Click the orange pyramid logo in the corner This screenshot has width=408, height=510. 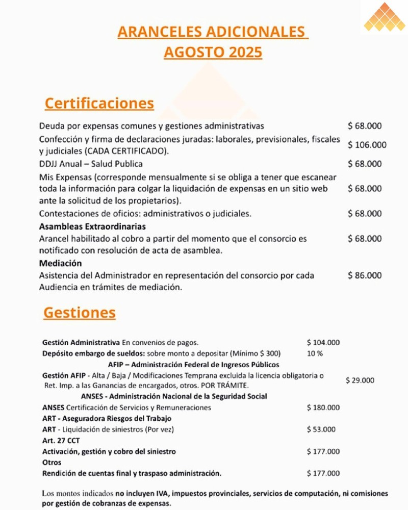tap(385, 18)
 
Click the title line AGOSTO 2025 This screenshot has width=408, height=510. tap(213, 53)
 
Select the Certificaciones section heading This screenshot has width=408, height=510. tap(99, 104)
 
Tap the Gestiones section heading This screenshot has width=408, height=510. tap(80, 313)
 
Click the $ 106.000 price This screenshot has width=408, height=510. tap(367, 145)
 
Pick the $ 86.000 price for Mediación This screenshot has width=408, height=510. tap(365, 275)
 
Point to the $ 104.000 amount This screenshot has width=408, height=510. tap(323, 342)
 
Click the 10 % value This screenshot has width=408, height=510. tap(315, 353)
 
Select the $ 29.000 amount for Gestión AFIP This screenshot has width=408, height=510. tap(360, 380)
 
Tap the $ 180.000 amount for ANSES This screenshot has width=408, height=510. tap(323, 407)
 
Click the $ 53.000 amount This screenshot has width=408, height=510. tap(321, 429)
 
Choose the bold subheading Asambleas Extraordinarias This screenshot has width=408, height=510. tap(92, 226)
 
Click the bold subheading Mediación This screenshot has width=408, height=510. tap(61, 264)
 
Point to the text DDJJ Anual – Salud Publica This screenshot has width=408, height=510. tap(91, 164)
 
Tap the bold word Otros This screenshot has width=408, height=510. tap(52, 463)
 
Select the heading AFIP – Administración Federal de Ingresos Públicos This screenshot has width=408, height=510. tap(193, 365)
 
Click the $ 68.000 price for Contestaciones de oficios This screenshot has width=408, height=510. tap(365, 214)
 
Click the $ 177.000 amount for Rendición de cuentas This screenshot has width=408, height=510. tap(323, 473)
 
